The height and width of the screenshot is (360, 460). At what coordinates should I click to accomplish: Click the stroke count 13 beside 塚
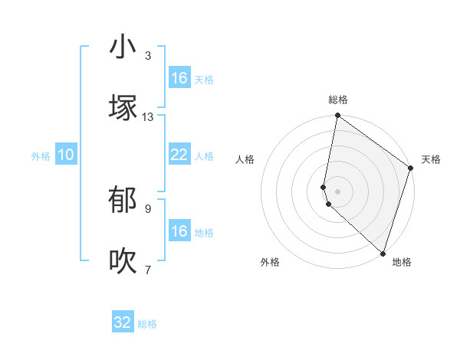tap(148, 117)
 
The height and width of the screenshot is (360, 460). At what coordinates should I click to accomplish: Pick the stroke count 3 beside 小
tap(148, 56)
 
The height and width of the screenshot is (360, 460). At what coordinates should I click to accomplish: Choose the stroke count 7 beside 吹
tap(148, 270)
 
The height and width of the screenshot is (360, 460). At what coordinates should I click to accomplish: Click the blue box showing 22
tap(179, 155)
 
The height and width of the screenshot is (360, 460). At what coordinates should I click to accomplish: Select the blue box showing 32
tap(123, 322)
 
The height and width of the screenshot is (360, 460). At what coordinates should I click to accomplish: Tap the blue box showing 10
tap(66, 155)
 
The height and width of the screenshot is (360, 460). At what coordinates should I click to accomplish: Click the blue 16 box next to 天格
tap(179, 78)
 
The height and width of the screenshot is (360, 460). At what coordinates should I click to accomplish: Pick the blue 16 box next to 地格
tap(179, 231)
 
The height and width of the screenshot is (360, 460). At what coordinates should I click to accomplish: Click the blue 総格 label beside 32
tap(147, 324)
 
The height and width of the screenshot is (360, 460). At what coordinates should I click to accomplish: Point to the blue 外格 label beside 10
tap(41, 156)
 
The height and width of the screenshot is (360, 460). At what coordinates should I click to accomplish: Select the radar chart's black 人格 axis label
tap(245, 159)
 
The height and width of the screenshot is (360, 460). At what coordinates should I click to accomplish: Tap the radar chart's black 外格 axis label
tap(270, 262)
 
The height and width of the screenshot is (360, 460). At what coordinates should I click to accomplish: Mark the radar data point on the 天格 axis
tap(411, 169)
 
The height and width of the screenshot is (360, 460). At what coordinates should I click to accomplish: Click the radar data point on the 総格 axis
tap(337, 116)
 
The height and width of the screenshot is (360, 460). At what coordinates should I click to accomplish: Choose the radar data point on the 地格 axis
tap(383, 253)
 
